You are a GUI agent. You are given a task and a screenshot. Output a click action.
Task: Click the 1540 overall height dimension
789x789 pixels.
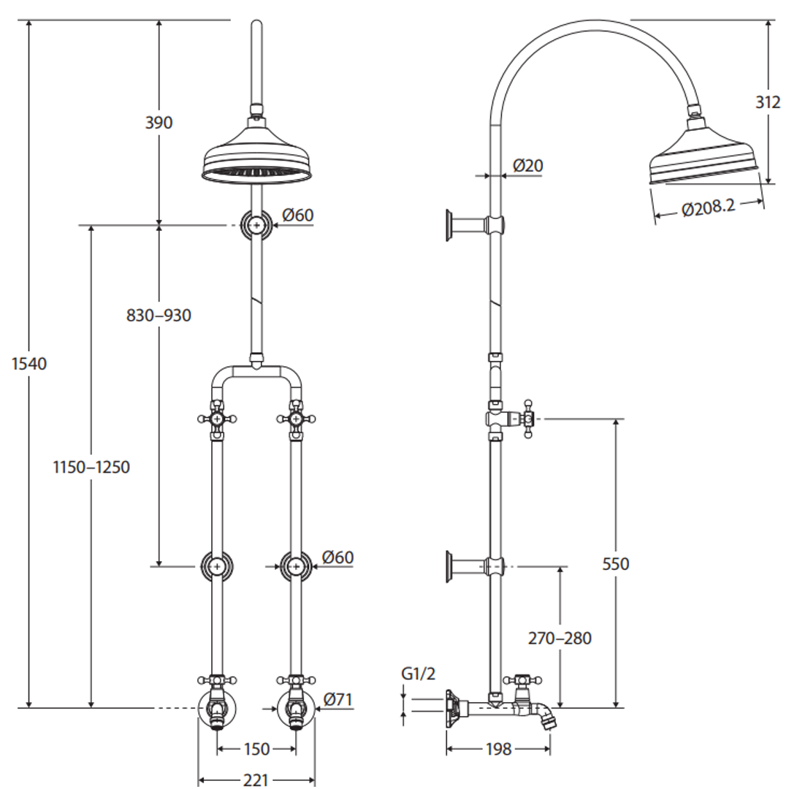29,363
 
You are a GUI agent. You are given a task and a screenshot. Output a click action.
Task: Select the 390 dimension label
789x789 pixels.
159,122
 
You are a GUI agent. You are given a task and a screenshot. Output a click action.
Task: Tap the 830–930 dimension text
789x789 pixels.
159,316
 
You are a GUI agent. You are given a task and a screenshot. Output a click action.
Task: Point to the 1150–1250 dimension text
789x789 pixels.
91,467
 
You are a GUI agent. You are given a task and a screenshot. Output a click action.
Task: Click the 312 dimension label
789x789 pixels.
768,102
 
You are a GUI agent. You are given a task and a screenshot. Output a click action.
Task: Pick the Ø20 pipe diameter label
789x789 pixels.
527,166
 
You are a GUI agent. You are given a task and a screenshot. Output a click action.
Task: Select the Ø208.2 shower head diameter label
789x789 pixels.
707,209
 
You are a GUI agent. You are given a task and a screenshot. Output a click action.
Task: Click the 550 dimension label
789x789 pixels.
615,564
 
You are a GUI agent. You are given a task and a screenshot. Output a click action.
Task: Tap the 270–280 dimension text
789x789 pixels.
560,638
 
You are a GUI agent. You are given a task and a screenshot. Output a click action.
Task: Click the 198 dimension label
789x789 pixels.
498,749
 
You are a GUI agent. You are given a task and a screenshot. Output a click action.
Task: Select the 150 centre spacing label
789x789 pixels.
256,749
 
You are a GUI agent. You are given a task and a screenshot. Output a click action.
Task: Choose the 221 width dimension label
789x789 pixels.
255,780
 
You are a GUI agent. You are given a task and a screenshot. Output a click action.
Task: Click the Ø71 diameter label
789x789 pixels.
338,699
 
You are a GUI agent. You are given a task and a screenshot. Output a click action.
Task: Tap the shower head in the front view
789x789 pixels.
254,161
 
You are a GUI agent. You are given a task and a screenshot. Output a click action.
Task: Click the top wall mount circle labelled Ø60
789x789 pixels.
255,225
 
